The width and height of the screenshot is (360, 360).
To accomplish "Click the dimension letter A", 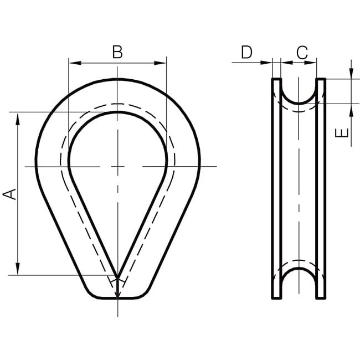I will point(10,194).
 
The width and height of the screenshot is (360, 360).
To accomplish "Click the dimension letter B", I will point(117,52).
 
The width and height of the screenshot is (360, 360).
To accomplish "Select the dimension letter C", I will point(302,53).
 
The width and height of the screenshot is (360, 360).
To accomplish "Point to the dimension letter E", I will point(343,133).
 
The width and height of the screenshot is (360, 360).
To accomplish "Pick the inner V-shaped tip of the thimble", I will point(117,275).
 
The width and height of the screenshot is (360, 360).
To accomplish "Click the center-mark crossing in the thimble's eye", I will point(117,166).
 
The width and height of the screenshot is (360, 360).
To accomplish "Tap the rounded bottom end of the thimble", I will point(117,297).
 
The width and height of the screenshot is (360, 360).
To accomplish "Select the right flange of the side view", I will point(321,188).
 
